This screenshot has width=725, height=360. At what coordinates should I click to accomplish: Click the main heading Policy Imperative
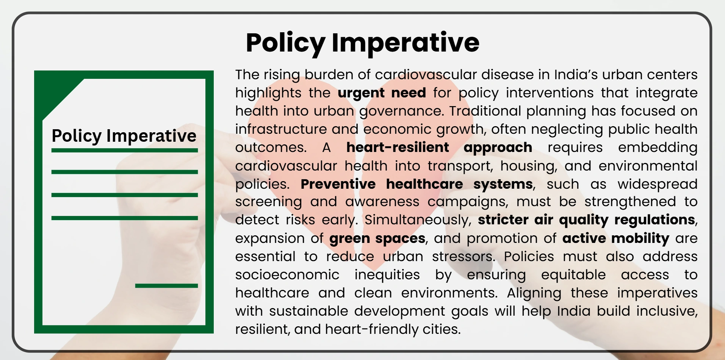tap(362, 42)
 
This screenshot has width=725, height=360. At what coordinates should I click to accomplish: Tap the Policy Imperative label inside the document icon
tap(124, 136)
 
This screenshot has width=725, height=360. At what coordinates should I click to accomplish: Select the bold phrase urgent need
tap(382, 93)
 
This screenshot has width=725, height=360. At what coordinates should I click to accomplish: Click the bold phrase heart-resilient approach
tap(439, 147)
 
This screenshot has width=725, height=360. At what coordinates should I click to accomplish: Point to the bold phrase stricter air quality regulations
tap(586, 220)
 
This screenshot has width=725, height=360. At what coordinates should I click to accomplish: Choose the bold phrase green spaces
tap(377, 238)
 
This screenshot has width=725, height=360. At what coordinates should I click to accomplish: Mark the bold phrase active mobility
tap(615, 238)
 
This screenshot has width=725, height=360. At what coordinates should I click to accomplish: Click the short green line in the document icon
tap(166, 286)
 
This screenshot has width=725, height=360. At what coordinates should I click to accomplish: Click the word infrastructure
tap(280, 129)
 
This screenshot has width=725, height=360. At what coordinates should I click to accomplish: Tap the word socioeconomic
tap(287, 275)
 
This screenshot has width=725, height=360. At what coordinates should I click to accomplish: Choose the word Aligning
tap(534, 293)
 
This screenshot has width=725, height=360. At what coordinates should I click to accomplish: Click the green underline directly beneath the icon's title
tap(124, 150)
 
